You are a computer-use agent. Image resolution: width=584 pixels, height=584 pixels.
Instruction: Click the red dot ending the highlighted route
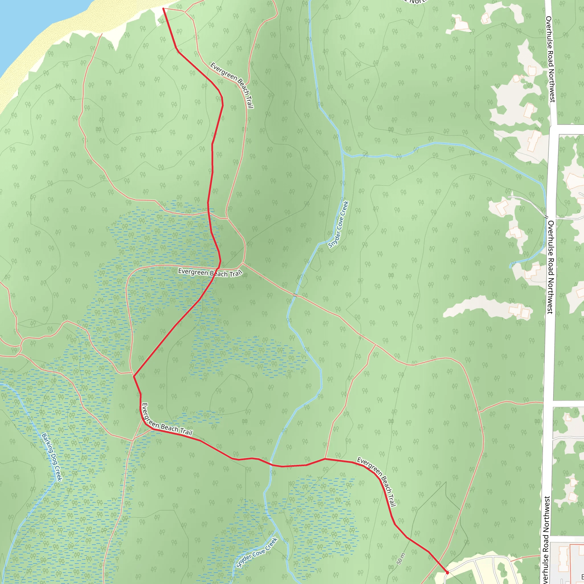click(x=447, y=572)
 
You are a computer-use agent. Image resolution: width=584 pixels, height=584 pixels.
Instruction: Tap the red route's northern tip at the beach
click(x=163, y=9)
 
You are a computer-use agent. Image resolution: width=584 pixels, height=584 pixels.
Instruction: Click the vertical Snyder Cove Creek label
click(x=339, y=225)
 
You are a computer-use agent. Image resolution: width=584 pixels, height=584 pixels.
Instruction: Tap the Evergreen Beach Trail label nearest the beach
click(x=232, y=85)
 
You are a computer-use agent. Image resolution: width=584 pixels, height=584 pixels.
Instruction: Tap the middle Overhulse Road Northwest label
click(x=550, y=267)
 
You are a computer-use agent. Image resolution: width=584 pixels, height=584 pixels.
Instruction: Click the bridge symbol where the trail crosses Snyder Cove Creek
click(x=295, y=295)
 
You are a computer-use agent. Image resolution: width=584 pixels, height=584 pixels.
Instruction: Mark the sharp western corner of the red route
click(x=134, y=376)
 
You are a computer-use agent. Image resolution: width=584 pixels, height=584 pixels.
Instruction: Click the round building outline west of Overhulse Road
click(x=516, y=79)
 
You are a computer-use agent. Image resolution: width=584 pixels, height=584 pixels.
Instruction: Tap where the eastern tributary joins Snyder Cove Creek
click(x=343, y=153)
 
